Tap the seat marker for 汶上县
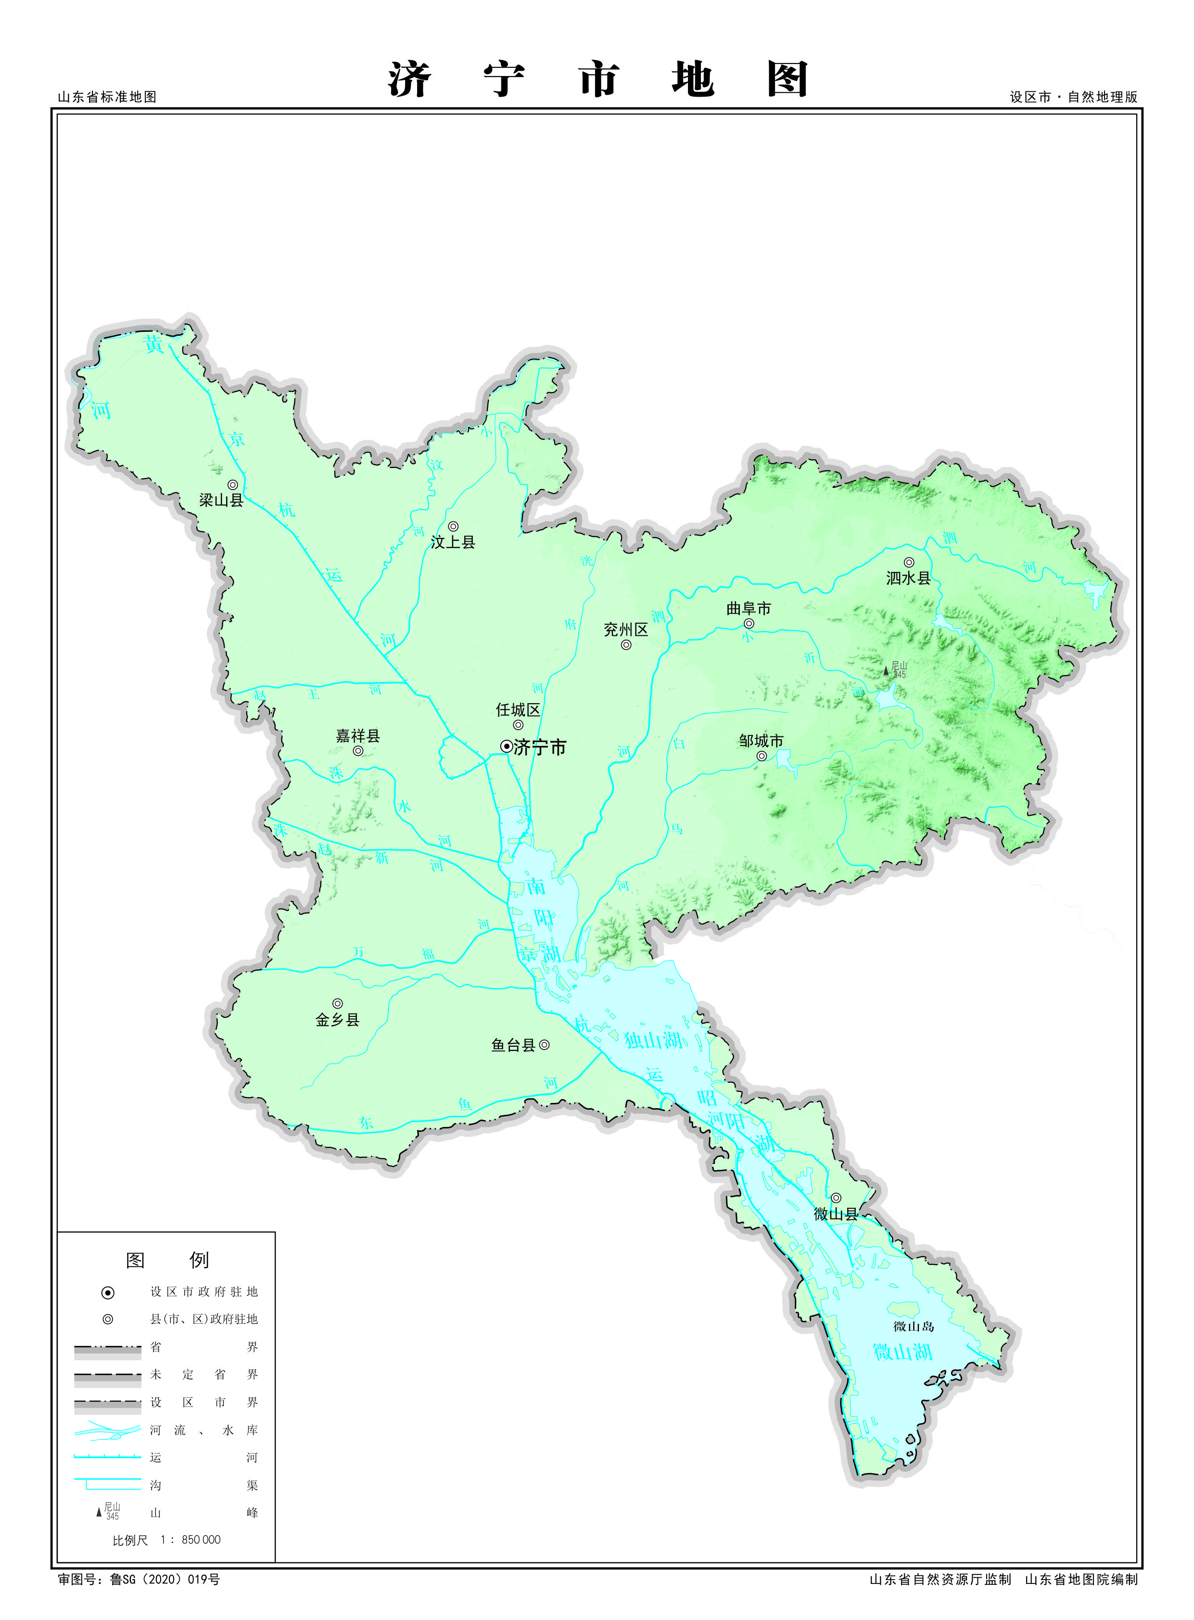453,526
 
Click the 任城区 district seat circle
518,725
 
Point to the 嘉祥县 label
358,735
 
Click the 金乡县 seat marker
338,1004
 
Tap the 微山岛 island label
914,1326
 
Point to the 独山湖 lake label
653,1040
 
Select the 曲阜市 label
749,608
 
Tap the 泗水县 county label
909,578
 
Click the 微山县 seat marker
836,1198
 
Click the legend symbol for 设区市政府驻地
108,1292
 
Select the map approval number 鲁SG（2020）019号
165,1580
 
